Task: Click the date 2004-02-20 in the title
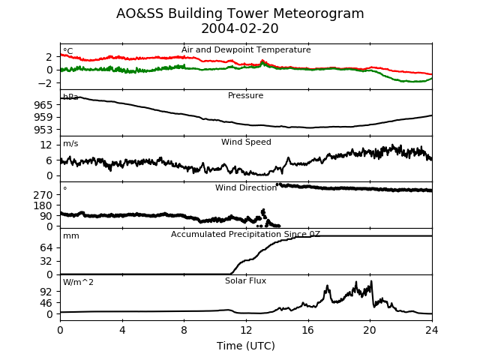tap(240, 28)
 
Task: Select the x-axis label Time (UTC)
tap(246, 346)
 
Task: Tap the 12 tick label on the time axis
tap(246, 330)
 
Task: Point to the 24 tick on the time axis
tap(432, 330)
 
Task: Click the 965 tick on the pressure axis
tap(43, 105)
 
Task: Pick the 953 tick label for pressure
tap(43, 130)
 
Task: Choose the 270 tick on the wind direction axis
tap(43, 195)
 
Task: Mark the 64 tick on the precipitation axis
tap(46, 247)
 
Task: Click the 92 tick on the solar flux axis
tap(46, 292)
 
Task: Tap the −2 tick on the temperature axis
tap(45, 83)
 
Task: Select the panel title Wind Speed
tap(246, 142)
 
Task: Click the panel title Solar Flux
tap(245, 280)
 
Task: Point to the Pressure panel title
tap(245, 95)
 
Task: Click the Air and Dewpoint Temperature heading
tap(246, 49)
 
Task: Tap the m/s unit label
tap(70, 143)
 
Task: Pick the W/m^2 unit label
tap(78, 282)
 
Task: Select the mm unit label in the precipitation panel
tap(71, 236)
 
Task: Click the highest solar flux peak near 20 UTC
tap(371, 281)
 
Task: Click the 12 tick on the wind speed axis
tap(46, 145)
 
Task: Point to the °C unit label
tap(68, 51)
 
